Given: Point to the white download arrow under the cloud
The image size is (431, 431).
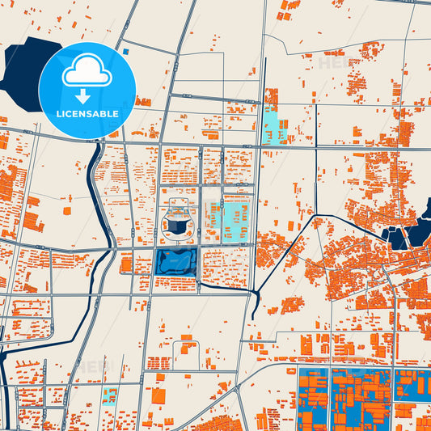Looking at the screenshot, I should coord(87,96).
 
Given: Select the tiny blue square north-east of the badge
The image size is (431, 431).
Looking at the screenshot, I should coord(126,52).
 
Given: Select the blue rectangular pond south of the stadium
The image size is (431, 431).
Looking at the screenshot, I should coord(176,262).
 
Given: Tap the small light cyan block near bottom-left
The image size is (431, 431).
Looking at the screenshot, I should coord(109,395).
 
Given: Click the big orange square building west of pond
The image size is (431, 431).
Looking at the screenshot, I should coord(126,264).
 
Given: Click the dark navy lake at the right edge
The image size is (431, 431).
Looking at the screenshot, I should coord(419,231).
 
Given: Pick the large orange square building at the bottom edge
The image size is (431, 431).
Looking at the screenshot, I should coord(158,397).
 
